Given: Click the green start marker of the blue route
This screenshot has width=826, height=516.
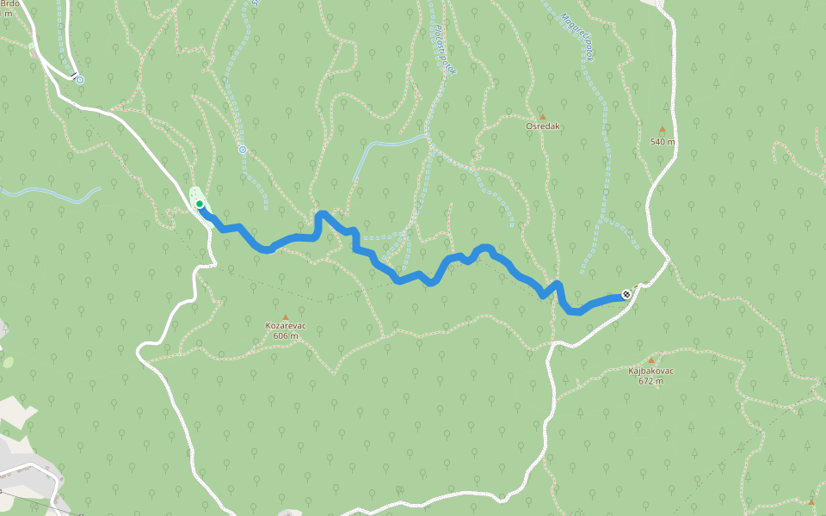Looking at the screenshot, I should [199, 204].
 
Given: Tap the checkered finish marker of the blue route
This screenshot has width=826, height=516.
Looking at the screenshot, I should [626, 294].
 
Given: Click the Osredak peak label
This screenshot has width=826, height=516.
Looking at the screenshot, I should [543, 126].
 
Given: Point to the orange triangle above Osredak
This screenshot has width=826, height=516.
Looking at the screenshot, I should [542, 116].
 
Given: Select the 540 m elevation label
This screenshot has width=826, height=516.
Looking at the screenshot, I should [662, 141].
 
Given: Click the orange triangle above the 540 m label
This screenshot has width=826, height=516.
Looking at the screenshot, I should [662, 130].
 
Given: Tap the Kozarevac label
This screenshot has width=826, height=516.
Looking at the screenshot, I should [286, 326].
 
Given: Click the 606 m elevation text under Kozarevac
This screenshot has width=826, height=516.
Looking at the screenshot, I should [286, 336].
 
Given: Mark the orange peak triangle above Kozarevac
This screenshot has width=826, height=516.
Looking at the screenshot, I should [286, 316].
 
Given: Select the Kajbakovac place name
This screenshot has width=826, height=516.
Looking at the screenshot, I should [650, 371].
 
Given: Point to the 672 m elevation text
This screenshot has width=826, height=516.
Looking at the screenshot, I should [650, 381].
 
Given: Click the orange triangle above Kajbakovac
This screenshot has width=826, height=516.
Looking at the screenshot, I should [650, 360].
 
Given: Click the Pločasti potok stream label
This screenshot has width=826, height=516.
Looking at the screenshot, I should [442, 49].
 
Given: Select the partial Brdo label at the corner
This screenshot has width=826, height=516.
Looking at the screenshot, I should [9, 4].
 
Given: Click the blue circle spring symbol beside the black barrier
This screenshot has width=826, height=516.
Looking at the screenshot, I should [80, 80].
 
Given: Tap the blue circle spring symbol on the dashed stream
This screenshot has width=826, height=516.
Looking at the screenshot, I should [243, 150].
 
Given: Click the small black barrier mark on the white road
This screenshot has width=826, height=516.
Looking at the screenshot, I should [74, 75].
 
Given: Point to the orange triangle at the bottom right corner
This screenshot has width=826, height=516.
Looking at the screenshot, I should [811, 501].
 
